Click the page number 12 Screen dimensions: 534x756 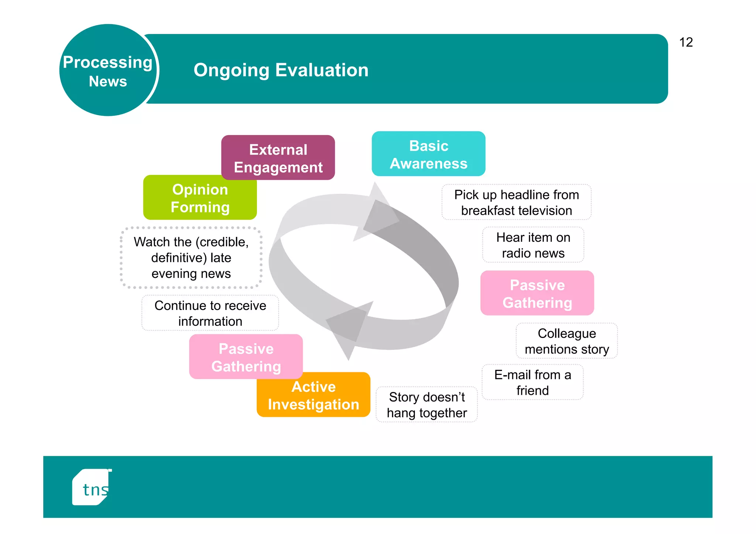point(686,42)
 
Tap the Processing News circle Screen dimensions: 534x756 point(108,70)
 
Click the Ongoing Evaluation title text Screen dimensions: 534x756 point(281,70)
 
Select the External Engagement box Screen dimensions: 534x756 point(278,158)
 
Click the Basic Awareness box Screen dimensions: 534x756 point(428,154)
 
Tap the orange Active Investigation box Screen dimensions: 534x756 point(313,395)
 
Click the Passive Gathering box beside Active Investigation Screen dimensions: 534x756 point(246,357)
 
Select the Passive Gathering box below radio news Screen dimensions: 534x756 point(537,293)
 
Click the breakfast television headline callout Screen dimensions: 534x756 point(516,203)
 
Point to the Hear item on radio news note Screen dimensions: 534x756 point(533,245)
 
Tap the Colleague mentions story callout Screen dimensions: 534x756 point(567,341)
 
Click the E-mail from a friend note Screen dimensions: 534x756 point(532,382)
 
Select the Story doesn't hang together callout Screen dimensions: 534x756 point(427,405)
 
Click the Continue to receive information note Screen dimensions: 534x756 point(210,313)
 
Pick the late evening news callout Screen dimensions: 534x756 point(191,258)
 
